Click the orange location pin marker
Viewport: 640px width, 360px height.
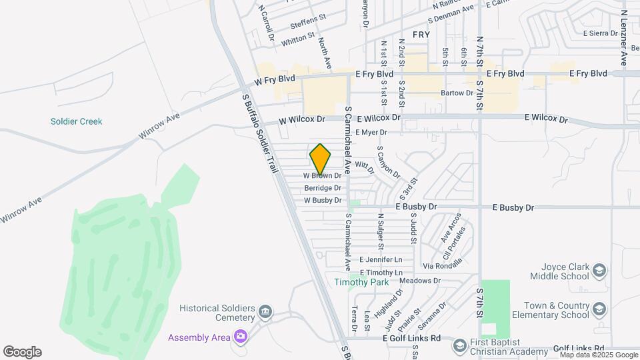tap(321, 159)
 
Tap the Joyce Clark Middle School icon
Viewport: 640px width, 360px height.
tap(599, 270)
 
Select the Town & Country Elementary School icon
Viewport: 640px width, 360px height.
tap(599, 309)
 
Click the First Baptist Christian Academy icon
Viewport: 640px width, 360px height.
tap(459, 345)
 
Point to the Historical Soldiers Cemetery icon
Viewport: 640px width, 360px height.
tap(265, 312)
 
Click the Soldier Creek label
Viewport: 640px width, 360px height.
tap(76, 121)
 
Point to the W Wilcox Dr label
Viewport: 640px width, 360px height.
tap(301, 119)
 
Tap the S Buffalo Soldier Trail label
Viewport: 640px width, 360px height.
tap(259, 134)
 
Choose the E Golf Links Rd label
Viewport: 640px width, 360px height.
tap(411, 339)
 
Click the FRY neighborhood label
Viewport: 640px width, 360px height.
tap(421, 34)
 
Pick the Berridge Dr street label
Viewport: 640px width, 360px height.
tap(323, 188)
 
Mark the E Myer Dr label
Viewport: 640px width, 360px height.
tap(371, 133)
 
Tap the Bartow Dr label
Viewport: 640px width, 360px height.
tap(457, 93)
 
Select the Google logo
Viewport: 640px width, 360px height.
tap(22, 351)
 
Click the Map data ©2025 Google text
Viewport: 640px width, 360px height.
tap(599, 355)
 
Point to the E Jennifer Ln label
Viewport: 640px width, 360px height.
tap(381, 259)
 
